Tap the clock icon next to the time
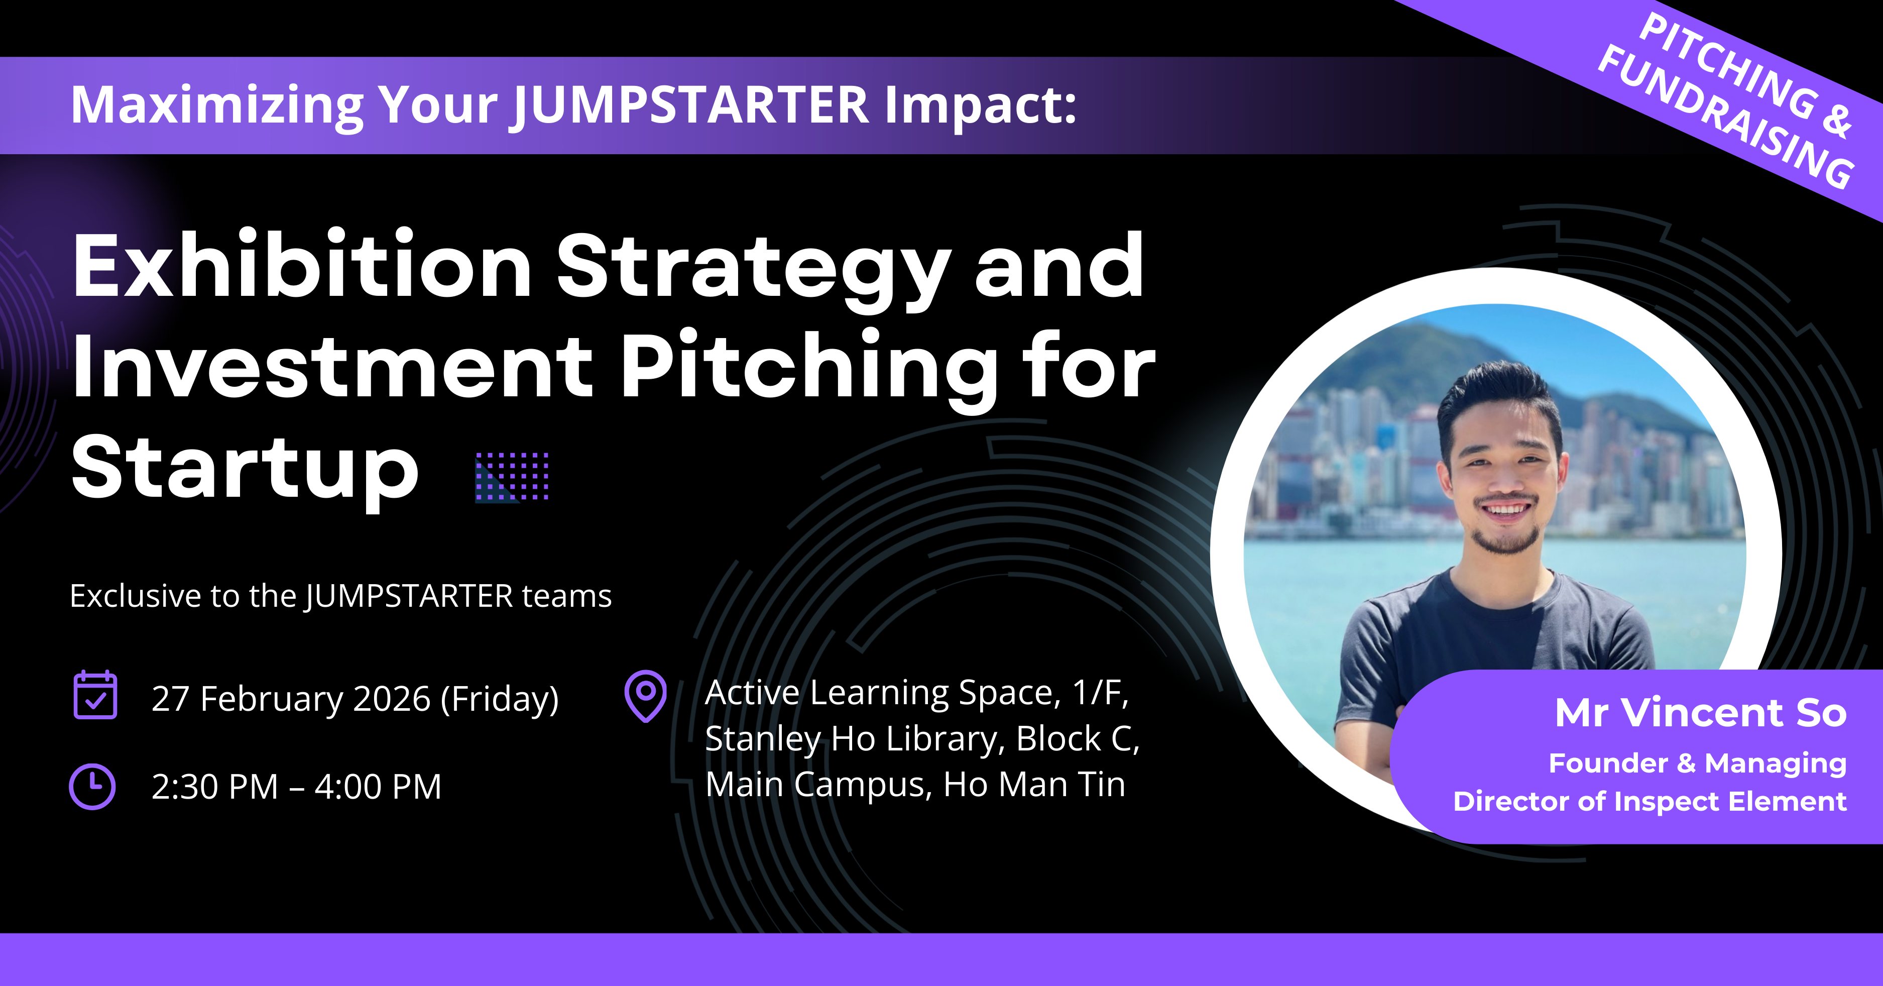(x=92, y=787)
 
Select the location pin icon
(x=645, y=696)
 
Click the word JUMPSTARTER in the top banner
(x=691, y=105)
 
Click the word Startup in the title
(x=245, y=470)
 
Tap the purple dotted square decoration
(x=512, y=477)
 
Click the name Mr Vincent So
(x=1700, y=713)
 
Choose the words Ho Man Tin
(x=1034, y=784)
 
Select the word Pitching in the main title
(x=808, y=368)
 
